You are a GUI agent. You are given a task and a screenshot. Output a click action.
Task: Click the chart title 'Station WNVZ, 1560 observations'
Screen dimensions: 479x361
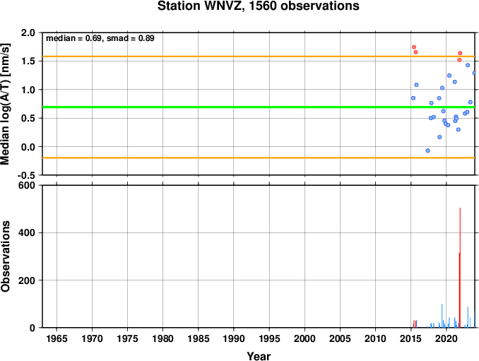click(x=258, y=6)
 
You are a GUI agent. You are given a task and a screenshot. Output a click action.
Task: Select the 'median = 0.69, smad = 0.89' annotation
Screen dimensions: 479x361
click(x=100, y=38)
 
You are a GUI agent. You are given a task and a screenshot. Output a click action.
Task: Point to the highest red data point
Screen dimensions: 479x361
click(x=414, y=47)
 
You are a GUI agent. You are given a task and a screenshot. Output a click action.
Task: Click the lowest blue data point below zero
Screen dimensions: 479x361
click(x=427, y=150)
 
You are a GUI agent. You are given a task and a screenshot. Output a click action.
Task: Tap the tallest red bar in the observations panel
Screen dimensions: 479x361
click(x=460, y=268)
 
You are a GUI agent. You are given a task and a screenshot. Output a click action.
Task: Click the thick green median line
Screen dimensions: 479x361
click(x=259, y=107)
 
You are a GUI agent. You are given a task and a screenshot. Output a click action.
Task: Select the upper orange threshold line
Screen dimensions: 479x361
click(x=259, y=57)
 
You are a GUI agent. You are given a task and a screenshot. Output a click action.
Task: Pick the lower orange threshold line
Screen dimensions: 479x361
click(x=259, y=158)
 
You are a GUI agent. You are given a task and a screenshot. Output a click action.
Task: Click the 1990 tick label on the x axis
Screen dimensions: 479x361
click(x=234, y=338)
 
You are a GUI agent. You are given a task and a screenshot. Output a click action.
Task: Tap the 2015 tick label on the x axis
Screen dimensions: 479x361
click(x=411, y=338)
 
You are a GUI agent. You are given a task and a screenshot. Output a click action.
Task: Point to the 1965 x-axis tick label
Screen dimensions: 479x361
click(x=57, y=338)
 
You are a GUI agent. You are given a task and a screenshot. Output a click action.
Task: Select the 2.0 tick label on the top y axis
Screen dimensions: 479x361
click(x=28, y=32)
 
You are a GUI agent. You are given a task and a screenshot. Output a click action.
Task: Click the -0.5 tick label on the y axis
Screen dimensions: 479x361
click(x=26, y=175)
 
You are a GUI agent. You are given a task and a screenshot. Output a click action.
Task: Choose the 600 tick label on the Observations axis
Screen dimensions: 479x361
click(x=27, y=185)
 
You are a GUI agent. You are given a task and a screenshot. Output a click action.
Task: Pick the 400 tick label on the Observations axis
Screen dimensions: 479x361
click(x=27, y=232)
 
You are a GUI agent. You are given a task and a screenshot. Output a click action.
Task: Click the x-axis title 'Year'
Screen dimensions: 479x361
click(x=259, y=356)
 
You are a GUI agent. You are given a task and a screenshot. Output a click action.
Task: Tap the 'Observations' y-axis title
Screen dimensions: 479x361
click(x=6, y=256)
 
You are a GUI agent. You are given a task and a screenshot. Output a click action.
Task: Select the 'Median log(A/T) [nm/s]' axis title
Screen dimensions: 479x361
click(x=6, y=104)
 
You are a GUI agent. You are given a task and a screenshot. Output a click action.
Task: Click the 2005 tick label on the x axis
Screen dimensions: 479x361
click(x=340, y=338)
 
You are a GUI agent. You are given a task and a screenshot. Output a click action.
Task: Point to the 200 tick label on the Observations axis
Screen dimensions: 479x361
click(x=27, y=280)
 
